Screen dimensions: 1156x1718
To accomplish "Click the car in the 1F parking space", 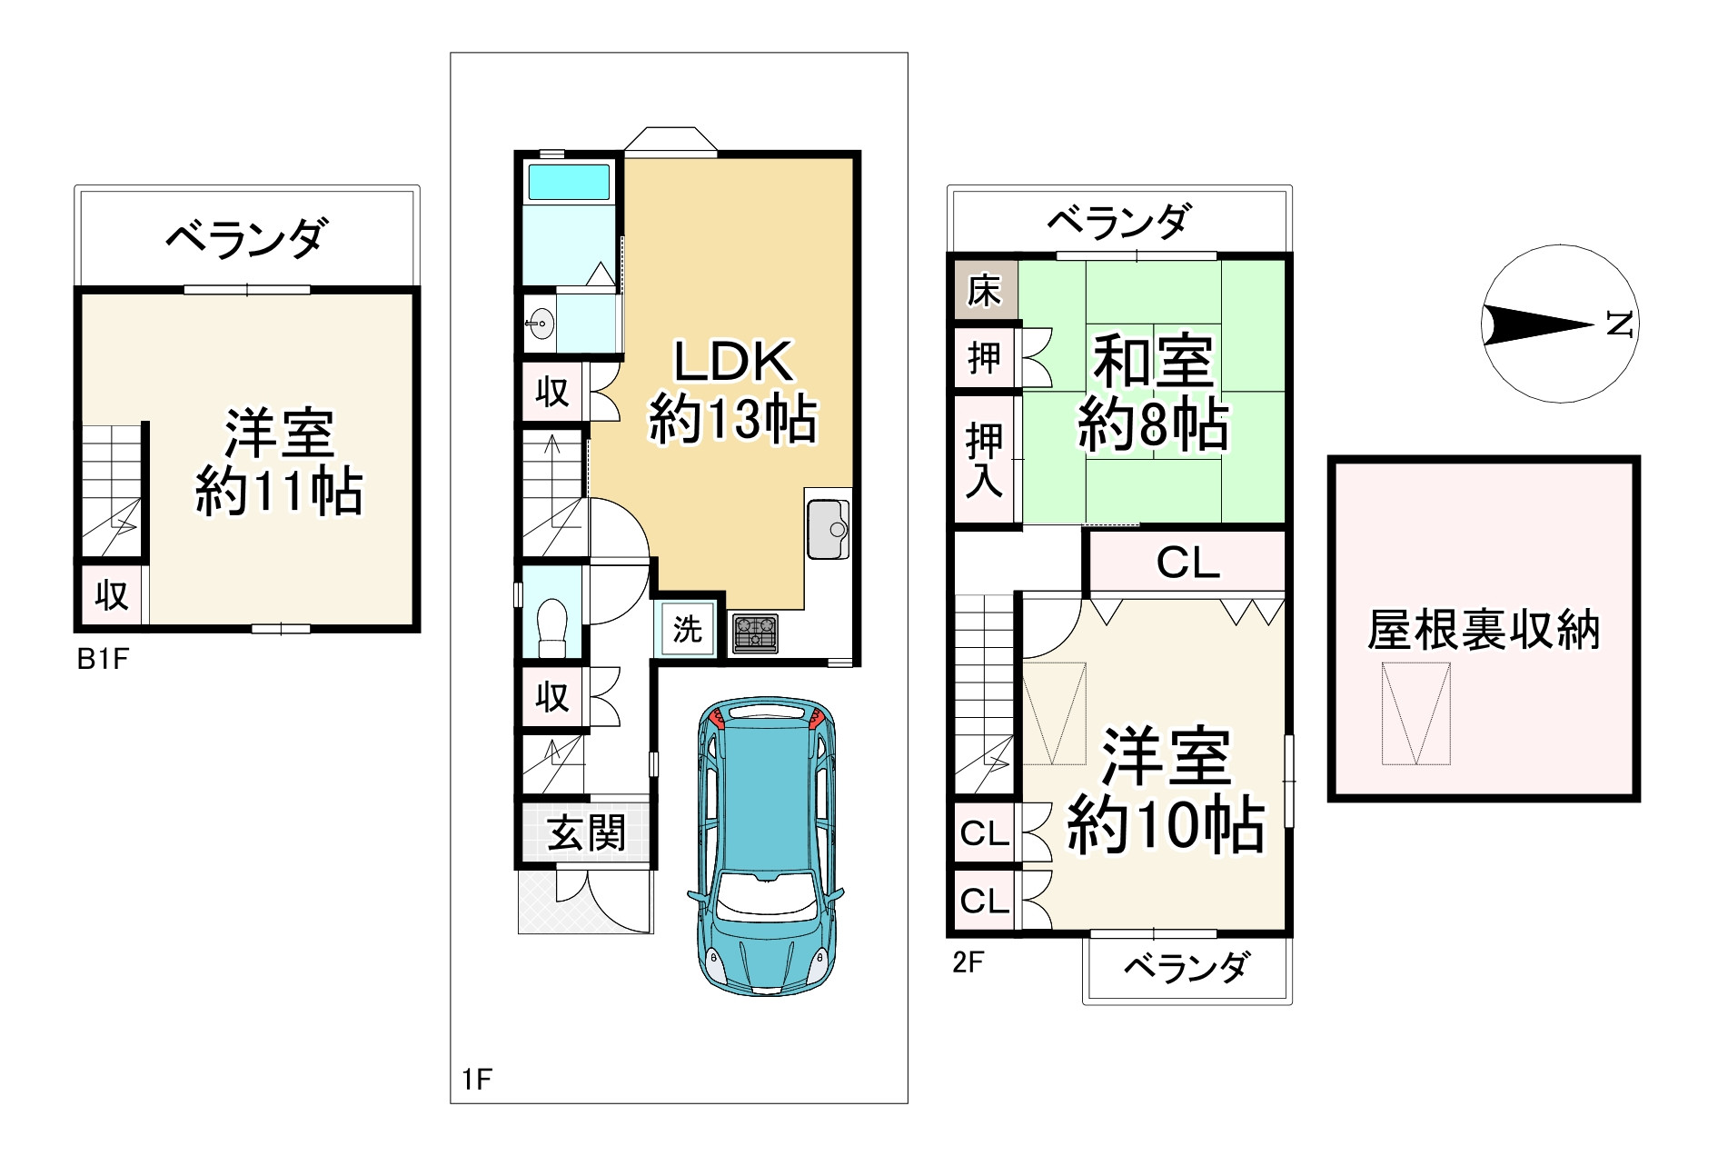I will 767,845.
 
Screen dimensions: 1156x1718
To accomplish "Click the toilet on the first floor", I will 551,625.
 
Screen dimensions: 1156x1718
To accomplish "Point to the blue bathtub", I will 569,183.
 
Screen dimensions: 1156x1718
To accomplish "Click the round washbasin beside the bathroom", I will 541,322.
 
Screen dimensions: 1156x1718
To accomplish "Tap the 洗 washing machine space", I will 687,629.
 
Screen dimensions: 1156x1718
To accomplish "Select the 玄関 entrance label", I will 586,832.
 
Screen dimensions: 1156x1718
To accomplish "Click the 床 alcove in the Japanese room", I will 984,292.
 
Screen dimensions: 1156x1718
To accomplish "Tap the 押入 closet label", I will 984,460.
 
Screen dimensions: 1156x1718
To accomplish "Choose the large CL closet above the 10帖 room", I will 1187,563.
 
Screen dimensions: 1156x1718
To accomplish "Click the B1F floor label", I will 103,659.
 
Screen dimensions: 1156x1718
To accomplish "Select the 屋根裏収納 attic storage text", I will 1483,630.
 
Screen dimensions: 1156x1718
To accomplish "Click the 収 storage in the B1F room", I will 112,595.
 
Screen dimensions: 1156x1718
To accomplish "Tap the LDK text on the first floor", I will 732,362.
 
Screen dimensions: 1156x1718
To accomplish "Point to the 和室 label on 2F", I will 1153,362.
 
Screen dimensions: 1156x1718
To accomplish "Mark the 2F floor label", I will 968,962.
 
